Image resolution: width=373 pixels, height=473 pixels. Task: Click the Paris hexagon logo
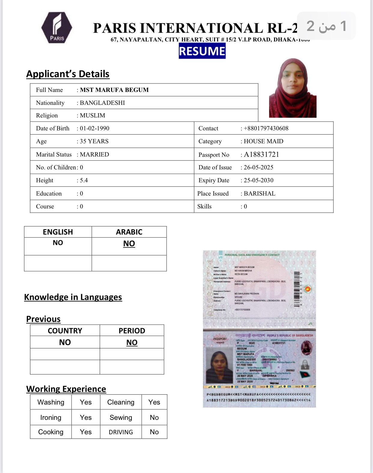click(57, 28)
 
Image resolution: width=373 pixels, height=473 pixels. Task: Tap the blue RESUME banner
click(202, 51)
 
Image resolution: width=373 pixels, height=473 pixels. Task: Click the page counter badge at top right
click(326, 26)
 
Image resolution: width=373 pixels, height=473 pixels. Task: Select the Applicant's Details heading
click(68, 74)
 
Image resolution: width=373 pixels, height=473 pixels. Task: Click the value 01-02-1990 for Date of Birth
click(95, 128)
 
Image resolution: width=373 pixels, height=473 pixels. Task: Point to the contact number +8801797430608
click(266, 128)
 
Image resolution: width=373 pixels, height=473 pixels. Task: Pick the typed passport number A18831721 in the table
click(262, 154)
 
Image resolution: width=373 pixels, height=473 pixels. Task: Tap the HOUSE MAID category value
click(263, 141)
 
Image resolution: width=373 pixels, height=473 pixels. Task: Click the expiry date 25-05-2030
click(259, 180)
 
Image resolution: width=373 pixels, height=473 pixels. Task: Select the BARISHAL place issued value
click(259, 193)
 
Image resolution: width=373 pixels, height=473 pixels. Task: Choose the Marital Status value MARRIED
click(94, 154)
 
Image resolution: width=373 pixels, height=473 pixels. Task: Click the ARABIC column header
click(129, 232)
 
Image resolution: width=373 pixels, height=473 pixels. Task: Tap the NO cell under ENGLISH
click(58, 243)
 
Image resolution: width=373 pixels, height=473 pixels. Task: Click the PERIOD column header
click(132, 331)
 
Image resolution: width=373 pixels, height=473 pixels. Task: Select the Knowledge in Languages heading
click(73, 297)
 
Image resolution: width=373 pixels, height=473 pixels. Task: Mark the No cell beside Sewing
click(154, 417)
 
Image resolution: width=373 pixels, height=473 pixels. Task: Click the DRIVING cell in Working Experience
click(121, 432)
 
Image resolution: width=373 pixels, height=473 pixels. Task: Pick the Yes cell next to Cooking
click(86, 432)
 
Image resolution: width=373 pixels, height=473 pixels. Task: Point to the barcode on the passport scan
click(297, 289)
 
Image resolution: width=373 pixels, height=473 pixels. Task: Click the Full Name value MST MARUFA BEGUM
click(114, 90)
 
